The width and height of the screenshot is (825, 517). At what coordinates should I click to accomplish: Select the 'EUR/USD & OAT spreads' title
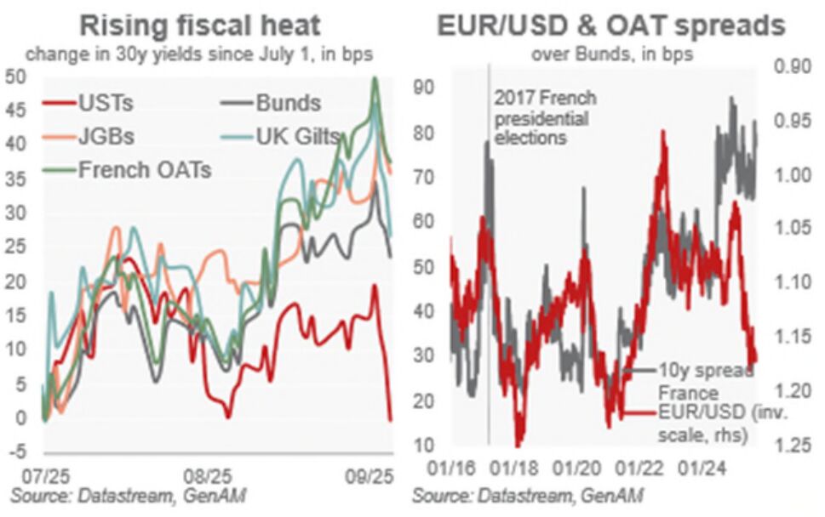610,26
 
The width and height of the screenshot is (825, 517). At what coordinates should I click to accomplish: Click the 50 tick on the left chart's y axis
17,76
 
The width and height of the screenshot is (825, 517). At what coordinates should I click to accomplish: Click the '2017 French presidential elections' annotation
541,116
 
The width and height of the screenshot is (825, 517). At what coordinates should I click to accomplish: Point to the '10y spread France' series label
705,382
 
